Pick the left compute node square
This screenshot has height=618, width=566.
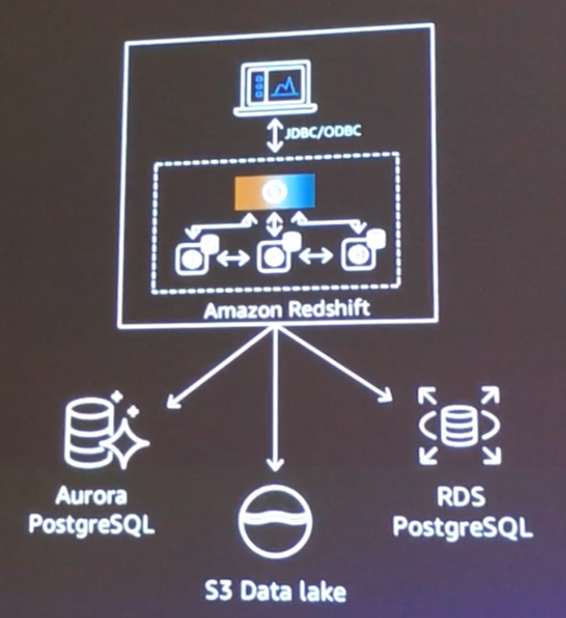tap(192, 260)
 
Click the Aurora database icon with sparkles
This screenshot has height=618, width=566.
tap(103, 433)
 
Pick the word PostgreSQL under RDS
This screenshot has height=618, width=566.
tap(467, 527)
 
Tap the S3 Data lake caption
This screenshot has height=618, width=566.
tap(280, 590)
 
